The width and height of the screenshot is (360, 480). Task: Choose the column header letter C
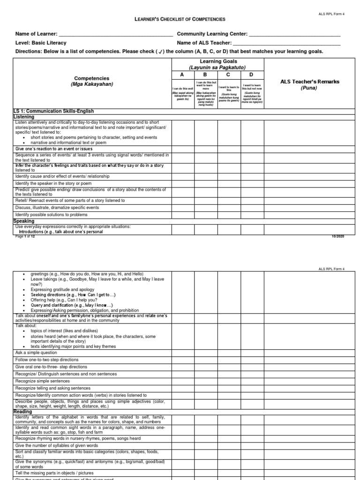click(228, 75)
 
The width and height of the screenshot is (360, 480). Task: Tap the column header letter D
click(251, 75)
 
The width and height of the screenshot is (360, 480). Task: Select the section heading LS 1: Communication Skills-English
click(54, 111)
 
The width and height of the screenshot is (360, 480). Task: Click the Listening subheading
click(24, 116)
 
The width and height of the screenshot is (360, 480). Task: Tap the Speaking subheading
click(24, 221)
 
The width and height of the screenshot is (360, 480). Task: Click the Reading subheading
click(23, 412)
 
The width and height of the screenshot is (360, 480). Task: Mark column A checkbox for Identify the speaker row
click(183, 183)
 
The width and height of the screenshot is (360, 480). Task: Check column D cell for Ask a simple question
click(252, 352)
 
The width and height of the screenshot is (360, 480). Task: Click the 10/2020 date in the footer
click(337, 236)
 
